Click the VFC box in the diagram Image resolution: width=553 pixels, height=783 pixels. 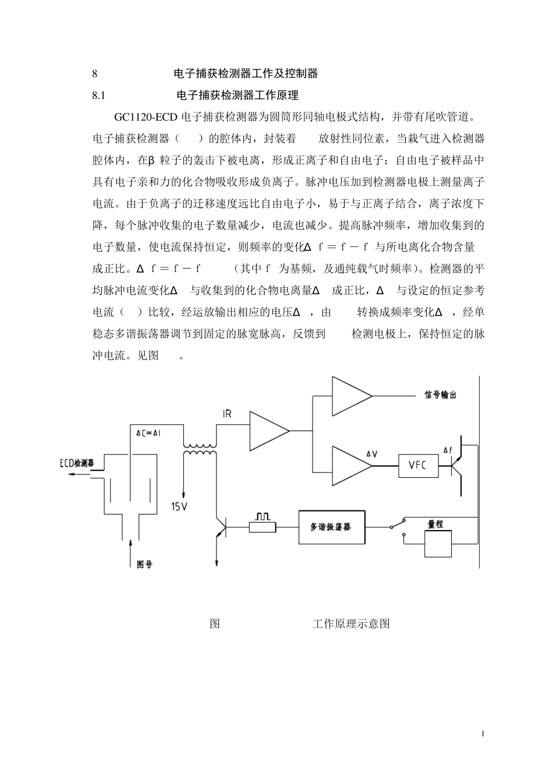[x=417, y=465]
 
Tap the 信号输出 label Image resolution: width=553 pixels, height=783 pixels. [x=440, y=395]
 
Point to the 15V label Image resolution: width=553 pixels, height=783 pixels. [x=179, y=506]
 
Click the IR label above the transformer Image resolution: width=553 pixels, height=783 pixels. [x=227, y=414]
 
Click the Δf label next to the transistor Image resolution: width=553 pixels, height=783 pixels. [x=447, y=450]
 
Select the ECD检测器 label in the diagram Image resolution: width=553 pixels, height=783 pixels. [x=77, y=463]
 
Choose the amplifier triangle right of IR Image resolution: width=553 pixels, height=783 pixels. [x=268, y=431]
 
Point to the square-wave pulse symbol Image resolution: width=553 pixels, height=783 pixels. [x=261, y=517]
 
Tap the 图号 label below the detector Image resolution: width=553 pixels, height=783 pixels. [x=144, y=564]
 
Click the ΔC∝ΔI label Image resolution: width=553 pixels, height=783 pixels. [x=153, y=433]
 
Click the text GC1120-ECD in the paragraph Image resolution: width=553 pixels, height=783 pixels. [x=146, y=117]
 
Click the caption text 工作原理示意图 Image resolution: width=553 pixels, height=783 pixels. [x=351, y=624]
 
